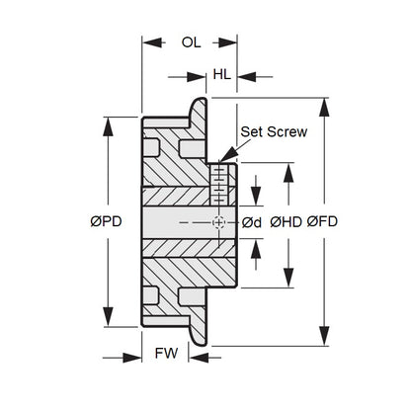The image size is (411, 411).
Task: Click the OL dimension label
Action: click(x=191, y=42)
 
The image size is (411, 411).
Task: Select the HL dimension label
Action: click(x=221, y=75)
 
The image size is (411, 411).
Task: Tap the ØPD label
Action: click(x=106, y=221)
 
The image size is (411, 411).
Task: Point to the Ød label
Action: click(x=252, y=223)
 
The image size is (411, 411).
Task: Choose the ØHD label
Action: click(x=286, y=222)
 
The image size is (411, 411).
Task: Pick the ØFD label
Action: click(x=322, y=221)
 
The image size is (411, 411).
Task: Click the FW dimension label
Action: click(x=166, y=354)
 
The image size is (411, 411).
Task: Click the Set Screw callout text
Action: click(x=274, y=131)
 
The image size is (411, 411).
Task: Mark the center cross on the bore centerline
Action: click(x=218, y=222)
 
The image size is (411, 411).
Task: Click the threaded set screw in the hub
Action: click(x=218, y=185)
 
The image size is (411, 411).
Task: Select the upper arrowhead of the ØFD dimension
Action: click(x=324, y=107)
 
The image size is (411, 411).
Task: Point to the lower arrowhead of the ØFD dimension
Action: click(x=324, y=336)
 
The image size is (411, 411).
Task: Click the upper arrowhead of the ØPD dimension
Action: click(x=108, y=126)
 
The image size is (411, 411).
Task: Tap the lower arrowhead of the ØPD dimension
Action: click(x=108, y=317)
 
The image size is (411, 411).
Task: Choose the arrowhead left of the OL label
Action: click(x=152, y=42)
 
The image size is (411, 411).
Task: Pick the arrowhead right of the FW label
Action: click(x=199, y=358)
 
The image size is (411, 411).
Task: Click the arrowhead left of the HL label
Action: click(x=197, y=77)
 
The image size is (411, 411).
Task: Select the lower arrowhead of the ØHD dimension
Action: click(x=288, y=278)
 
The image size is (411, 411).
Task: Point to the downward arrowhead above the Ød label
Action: click(x=256, y=197)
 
